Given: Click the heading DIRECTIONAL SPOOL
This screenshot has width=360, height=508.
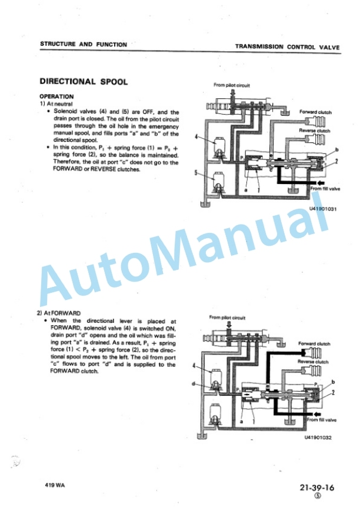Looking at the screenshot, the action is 84,81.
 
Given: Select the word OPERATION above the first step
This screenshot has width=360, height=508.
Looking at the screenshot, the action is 56,96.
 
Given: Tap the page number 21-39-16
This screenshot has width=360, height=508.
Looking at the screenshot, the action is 316,487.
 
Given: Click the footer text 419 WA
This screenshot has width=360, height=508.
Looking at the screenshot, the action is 55,485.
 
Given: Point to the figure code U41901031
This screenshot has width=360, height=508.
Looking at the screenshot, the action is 323,209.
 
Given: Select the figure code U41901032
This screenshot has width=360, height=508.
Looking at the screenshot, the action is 318,437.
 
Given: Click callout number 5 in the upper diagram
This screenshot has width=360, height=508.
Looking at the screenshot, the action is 196,173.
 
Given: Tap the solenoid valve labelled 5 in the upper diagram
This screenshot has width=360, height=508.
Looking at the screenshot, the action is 218,183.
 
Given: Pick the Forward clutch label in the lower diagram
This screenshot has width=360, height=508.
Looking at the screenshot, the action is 314,344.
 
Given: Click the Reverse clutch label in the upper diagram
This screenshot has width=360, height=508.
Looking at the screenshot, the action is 314,131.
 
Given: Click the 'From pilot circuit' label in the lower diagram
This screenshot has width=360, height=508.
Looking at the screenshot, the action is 227,317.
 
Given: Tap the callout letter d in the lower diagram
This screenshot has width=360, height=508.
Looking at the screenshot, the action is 193,383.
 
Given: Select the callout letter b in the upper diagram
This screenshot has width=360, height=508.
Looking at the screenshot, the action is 337,149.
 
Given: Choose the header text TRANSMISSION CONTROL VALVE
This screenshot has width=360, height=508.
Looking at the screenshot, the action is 288,46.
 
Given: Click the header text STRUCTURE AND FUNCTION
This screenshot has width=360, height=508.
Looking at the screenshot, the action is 84,44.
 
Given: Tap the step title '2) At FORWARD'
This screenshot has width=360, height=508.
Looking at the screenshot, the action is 59,313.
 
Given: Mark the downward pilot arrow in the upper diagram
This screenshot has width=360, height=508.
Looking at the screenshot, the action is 232,93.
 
